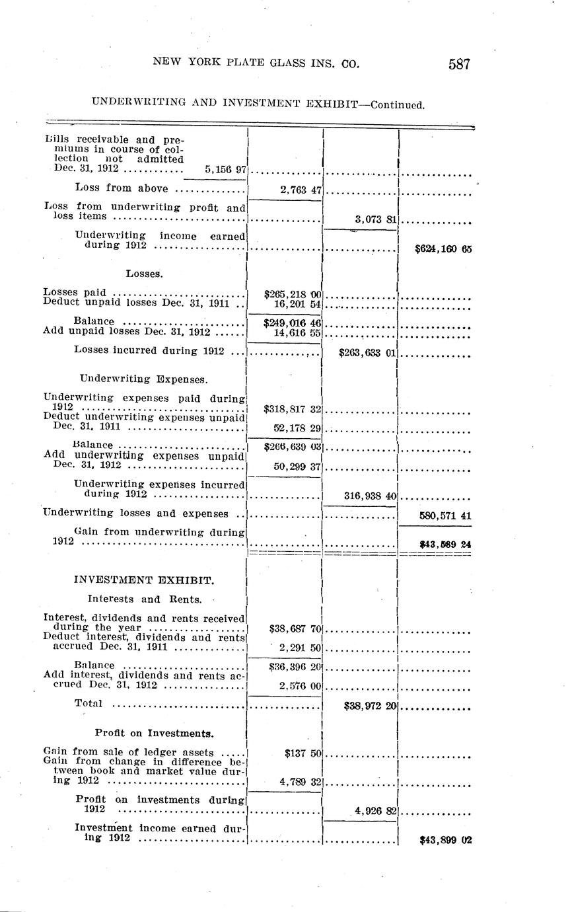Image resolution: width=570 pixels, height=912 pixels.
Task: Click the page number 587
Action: coord(459,64)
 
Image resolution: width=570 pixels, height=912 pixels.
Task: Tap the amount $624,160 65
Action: coord(443,250)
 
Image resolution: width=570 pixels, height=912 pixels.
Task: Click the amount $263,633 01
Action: coord(367,354)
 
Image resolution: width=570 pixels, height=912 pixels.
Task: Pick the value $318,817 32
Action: coord(292,410)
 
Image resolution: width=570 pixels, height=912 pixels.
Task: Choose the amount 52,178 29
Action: coord(297,429)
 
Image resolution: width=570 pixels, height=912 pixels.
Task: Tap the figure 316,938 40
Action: coord(370,496)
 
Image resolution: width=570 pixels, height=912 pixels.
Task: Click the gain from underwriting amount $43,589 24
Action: coord(445,545)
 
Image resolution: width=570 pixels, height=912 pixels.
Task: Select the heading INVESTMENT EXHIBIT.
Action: coord(144,580)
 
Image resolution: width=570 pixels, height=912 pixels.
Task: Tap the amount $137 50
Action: coord(303,753)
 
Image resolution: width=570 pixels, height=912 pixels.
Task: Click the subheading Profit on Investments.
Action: coord(154,733)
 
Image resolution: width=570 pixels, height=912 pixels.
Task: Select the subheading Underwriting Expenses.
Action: coord(144,379)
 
